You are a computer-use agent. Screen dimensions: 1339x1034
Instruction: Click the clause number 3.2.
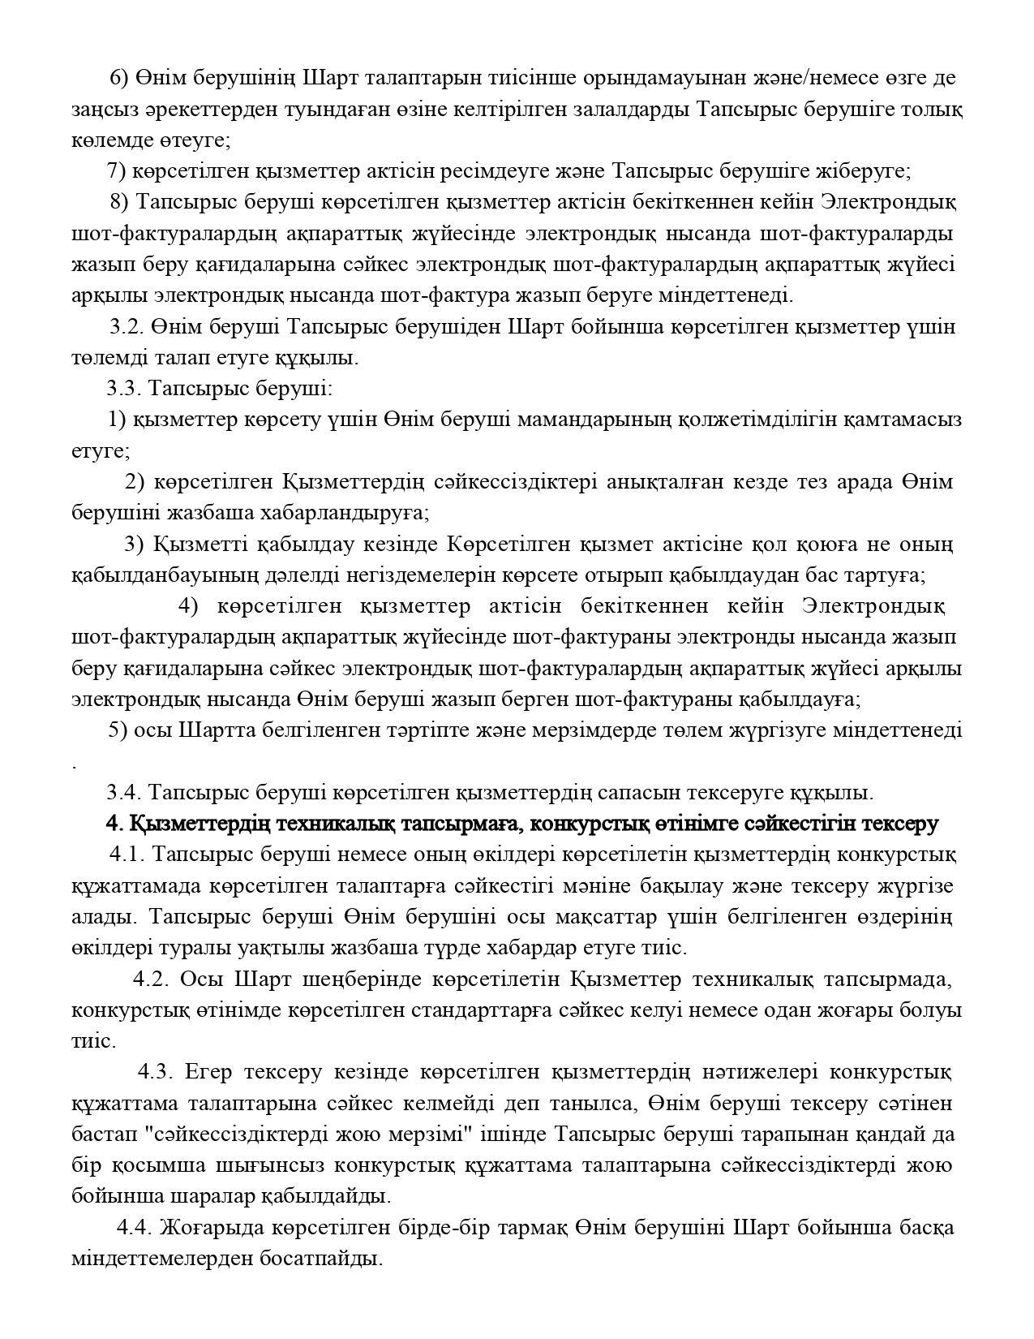(127, 327)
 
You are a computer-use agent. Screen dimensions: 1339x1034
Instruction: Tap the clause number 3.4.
(123, 792)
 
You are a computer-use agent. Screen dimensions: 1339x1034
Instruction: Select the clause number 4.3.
(156, 1072)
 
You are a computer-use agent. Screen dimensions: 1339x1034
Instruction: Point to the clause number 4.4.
(135, 1227)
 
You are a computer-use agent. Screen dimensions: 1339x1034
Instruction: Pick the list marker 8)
(120, 201)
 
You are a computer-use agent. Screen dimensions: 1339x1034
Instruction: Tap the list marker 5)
(118, 730)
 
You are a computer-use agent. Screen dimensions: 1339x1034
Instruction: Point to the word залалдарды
(637, 109)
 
